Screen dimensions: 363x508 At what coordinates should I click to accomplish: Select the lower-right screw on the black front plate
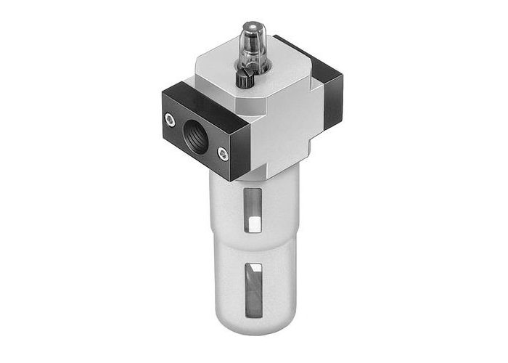point(222,153)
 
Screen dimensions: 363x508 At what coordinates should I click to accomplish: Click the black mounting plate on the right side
point(332,94)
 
